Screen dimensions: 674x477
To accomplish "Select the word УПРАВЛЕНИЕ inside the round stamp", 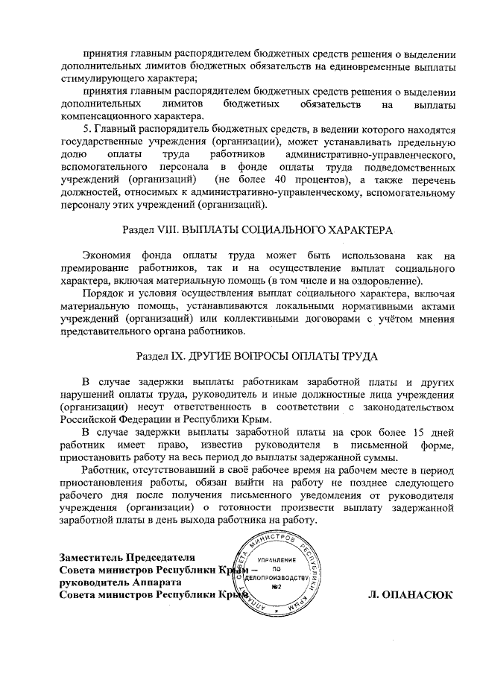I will point(277,559).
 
